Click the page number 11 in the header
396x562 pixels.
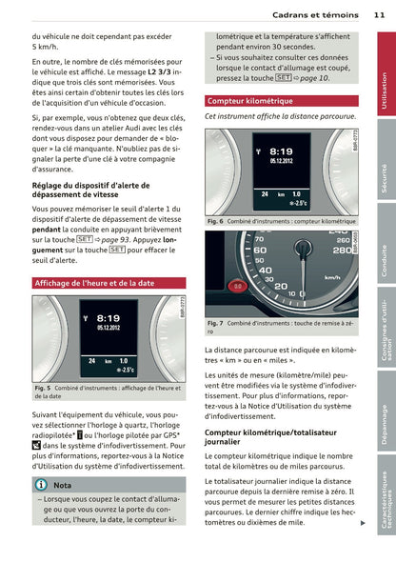point(379,15)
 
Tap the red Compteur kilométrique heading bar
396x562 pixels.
point(282,101)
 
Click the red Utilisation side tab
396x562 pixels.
point(386,74)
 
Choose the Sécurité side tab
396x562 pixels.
point(386,159)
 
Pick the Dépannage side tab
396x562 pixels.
point(386,411)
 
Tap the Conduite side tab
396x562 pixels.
point(386,244)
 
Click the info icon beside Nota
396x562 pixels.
point(41,485)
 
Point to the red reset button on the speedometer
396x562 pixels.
point(237,287)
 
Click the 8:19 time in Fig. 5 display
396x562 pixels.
point(109,318)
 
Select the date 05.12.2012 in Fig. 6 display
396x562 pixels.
point(281,161)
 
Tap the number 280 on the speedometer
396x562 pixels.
point(342,251)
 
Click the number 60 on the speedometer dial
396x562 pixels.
point(260,251)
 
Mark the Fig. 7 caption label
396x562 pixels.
point(215,323)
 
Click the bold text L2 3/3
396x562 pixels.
point(159,72)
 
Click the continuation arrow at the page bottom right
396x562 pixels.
point(363,523)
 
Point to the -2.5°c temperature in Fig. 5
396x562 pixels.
point(126,370)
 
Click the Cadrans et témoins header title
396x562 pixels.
point(315,15)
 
